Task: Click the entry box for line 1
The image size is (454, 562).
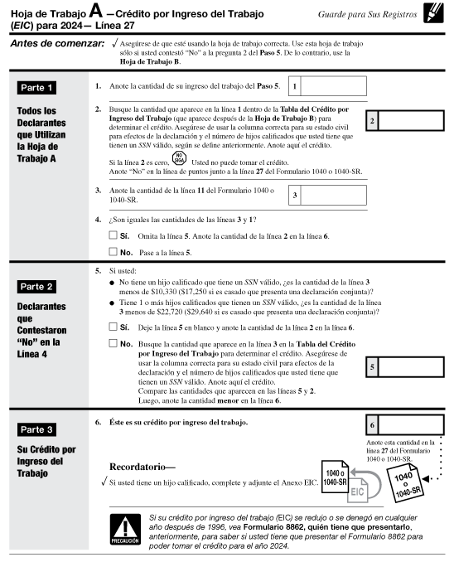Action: click(333, 86)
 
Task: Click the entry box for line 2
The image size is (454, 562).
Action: click(411, 120)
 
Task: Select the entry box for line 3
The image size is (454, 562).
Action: click(333, 195)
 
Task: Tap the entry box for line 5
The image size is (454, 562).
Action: click(411, 367)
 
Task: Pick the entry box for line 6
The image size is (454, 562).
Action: click(411, 425)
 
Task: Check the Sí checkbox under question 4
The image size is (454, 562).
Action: click(113, 235)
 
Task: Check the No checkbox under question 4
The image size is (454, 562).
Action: click(113, 252)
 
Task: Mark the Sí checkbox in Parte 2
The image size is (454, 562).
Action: click(113, 327)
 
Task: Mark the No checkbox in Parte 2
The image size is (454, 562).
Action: click(113, 343)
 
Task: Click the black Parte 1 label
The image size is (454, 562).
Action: click(36, 88)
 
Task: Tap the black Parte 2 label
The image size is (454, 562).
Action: click(36, 287)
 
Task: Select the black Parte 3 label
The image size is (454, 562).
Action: click(36, 429)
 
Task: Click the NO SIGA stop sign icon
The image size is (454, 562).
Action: click(179, 158)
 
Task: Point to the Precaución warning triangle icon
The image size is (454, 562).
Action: click(125, 530)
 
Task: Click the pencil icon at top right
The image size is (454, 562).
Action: click(433, 13)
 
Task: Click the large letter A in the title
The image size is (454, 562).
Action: click(95, 11)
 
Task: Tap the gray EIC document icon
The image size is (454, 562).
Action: click(357, 490)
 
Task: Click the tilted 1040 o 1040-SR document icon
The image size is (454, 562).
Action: click(405, 482)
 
